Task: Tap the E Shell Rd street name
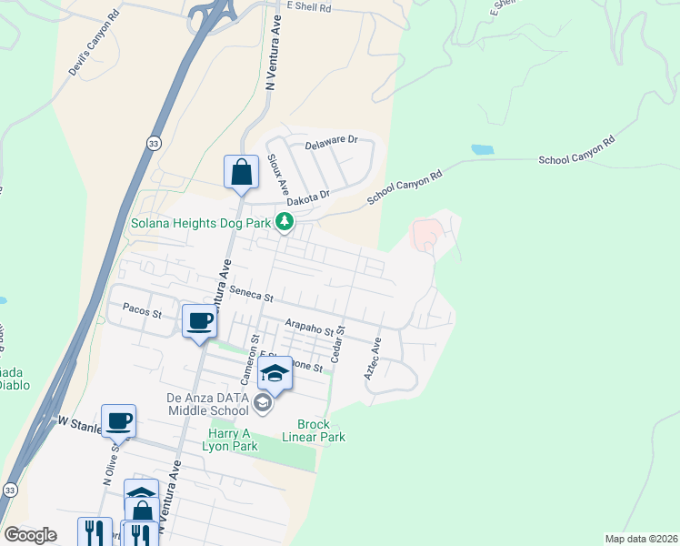308,5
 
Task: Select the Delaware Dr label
332,142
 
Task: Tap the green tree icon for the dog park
285,221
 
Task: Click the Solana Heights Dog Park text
201,222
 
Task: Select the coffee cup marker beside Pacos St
199,321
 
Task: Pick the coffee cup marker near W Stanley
118,421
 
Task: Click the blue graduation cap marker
275,373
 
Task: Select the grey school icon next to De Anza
263,403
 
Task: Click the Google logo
30,535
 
